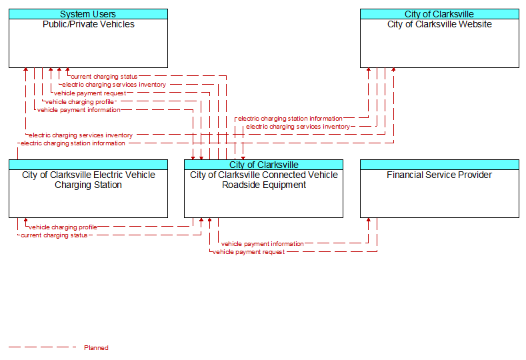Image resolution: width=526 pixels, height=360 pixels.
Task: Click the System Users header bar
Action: pyautogui.click(x=88, y=14)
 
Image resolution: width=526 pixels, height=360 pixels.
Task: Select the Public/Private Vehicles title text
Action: pyautogui.click(x=89, y=24)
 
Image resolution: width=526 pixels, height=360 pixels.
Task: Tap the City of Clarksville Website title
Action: pyautogui.click(x=439, y=24)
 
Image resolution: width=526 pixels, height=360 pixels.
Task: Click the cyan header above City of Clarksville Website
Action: pyautogui.click(x=439, y=14)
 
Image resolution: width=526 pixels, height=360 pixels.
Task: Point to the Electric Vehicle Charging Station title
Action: pyautogui.click(x=89, y=180)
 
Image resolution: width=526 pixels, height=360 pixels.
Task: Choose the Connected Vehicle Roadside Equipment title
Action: pyautogui.click(x=264, y=180)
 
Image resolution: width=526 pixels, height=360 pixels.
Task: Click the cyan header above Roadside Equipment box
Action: pyautogui.click(x=264, y=165)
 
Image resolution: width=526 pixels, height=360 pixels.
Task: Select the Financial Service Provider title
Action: pyautogui.click(x=439, y=175)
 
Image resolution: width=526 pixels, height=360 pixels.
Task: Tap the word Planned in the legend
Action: pyautogui.click(x=96, y=347)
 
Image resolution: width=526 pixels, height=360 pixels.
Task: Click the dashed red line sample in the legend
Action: pyautogui.click(x=42, y=347)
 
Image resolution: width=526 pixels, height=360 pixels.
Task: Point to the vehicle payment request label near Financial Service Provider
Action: pyautogui.click(x=249, y=252)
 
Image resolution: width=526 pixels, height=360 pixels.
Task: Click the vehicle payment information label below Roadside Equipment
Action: pyautogui.click(x=262, y=244)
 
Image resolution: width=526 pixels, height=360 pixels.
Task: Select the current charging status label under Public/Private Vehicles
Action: pyautogui.click(x=104, y=77)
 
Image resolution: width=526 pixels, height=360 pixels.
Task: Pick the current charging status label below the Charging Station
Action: pyautogui.click(x=54, y=235)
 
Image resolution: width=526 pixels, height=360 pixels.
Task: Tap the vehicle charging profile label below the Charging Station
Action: pyautogui.click(x=63, y=227)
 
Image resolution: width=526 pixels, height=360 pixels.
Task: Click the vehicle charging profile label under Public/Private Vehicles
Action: pyautogui.click(x=79, y=101)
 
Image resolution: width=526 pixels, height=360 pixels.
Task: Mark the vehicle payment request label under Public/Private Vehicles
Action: pyautogui.click(x=90, y=93)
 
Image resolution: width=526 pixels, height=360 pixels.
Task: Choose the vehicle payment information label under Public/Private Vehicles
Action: pyautogui.click(x=79, y=110)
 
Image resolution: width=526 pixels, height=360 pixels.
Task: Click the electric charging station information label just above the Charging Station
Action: pyautogui.click(x=73, y=143)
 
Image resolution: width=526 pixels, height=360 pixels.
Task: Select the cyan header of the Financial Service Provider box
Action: pyautogui.click(x=439, y=165)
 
